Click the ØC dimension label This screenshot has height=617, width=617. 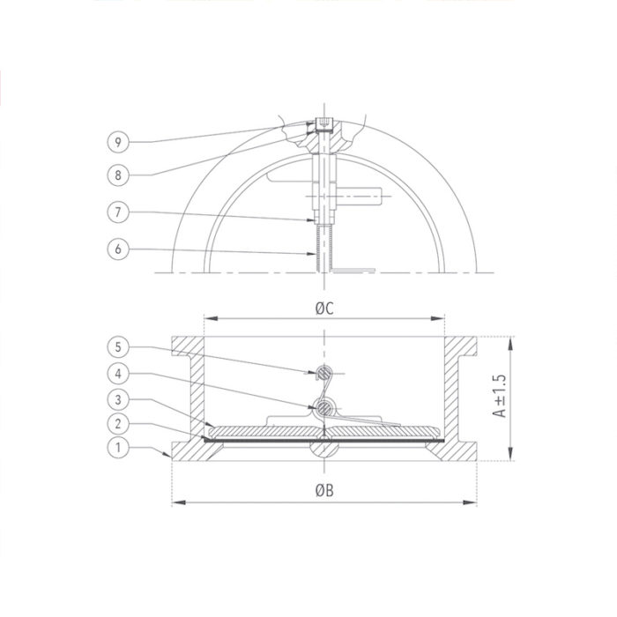324,308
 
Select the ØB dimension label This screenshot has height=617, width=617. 324,490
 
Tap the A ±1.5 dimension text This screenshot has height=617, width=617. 499,396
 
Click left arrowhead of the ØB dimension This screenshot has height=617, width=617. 176,502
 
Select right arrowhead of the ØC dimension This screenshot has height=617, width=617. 442,319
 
